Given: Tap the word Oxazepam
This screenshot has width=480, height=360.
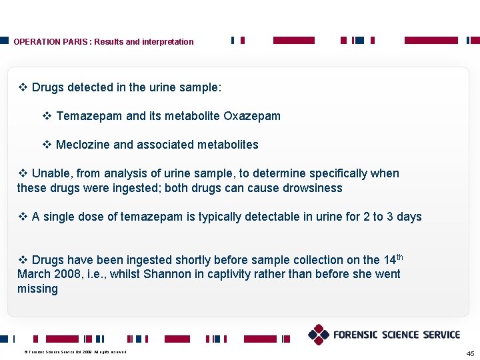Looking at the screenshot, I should [x=252, y=116].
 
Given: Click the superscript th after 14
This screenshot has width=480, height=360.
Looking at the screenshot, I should [x=400, y=257].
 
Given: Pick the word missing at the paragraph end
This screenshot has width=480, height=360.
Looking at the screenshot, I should [x=37, y=289].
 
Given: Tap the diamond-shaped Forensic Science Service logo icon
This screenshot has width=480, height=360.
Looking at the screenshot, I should [x=319, y=335].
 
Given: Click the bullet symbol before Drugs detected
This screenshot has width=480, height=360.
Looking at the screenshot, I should [x=23, y=87].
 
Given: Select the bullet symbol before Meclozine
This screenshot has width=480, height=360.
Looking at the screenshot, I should [x=47, y=145].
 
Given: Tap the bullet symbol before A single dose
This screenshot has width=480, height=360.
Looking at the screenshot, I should [x=23, y=217].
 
